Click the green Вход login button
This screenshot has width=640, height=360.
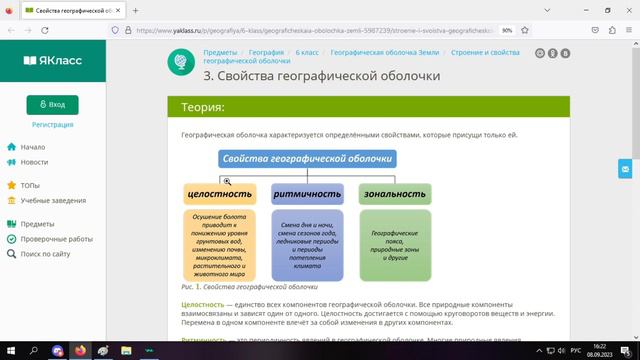52,104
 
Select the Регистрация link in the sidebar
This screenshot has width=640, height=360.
52,125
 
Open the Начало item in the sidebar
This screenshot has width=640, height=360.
32,147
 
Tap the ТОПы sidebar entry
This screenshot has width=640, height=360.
30,185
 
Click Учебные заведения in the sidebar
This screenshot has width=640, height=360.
53,200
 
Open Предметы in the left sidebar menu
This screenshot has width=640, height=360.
37,224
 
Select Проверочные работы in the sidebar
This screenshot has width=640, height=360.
56,239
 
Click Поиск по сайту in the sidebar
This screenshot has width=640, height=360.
45,254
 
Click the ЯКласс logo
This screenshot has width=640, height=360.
52,60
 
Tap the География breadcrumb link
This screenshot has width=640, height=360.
266,52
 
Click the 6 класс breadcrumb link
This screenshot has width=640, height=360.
308,52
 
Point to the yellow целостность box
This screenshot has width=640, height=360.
219,194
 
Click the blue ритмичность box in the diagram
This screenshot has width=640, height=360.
307,194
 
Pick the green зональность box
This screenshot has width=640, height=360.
394,194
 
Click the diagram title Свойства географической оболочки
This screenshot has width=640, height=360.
308,159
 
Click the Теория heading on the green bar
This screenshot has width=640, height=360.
202,107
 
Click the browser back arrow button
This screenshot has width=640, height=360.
11,30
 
